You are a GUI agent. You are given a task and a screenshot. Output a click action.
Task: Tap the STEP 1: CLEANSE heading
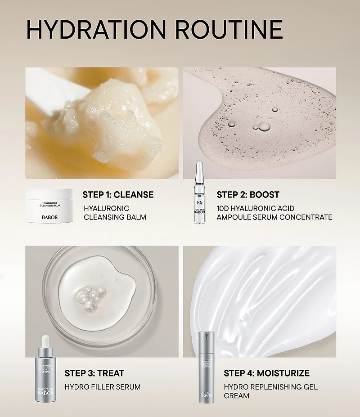coord(118,195)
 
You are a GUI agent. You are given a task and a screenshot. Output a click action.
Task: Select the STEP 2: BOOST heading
coord(248,195)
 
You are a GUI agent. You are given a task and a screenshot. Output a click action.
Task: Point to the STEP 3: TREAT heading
coord(94,373)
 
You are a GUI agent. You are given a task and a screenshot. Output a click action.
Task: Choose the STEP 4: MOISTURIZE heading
coord(266,373)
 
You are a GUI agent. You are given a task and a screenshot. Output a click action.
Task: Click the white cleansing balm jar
coord(49,205)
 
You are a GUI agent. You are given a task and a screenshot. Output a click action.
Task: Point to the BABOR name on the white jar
coord(49,216)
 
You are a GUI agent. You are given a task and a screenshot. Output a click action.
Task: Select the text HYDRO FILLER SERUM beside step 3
coord(103,387)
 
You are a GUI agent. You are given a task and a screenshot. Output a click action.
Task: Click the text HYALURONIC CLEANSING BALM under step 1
coord(115,213)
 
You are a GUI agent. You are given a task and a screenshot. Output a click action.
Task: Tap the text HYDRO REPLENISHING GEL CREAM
coord(270,391)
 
